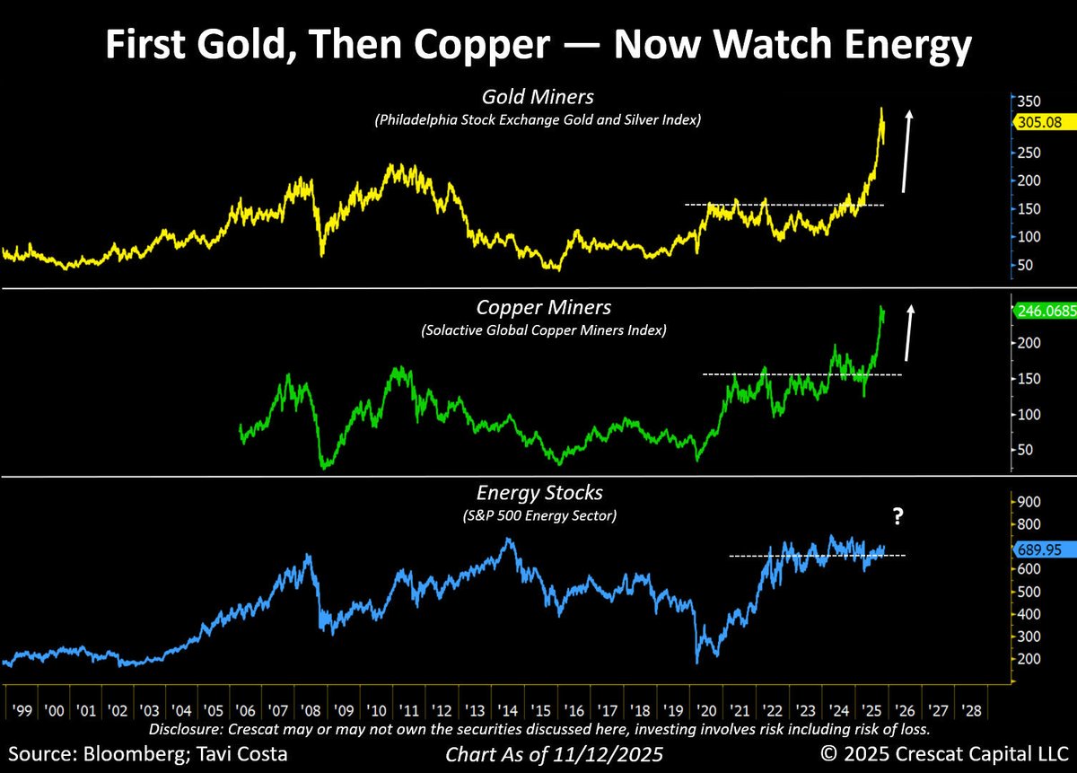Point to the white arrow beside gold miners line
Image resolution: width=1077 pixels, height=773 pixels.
coord(907,150)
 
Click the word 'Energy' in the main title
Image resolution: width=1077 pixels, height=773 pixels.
coord(882,46)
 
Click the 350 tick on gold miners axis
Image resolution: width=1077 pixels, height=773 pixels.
coord(1029,101)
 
